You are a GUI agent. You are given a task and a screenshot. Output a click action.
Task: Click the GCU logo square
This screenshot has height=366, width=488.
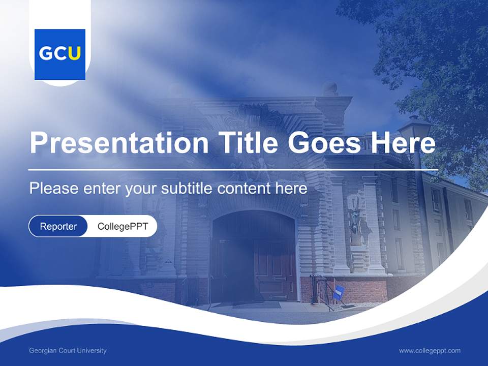pyautogui.click(x=60, y=54)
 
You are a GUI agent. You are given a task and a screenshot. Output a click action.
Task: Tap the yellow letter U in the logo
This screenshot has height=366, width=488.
pyautogui.click(x=74, y=54)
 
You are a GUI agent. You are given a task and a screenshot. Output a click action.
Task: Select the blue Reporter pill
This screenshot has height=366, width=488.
pyautogui.click(x=58, y=226)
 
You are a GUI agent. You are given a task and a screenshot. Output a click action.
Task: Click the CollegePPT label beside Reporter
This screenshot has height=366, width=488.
pyautogui.click(x=123, y=226)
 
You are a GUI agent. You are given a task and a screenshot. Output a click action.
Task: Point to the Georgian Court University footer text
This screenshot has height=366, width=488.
pyautogui.click(x=68, y=350)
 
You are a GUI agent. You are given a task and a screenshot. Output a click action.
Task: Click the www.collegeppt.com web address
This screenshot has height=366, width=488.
pyautogui.click(x=430, y=350)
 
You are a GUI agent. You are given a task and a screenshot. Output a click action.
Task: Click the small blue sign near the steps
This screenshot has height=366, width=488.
pyautogui.click(x=339, y=292)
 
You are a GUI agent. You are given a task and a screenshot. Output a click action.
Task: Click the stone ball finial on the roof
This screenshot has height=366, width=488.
pyautogui.click(x=330, y=88)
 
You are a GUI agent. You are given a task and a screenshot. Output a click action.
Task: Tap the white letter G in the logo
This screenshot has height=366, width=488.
pyautogui.click(x=46, y=54)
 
